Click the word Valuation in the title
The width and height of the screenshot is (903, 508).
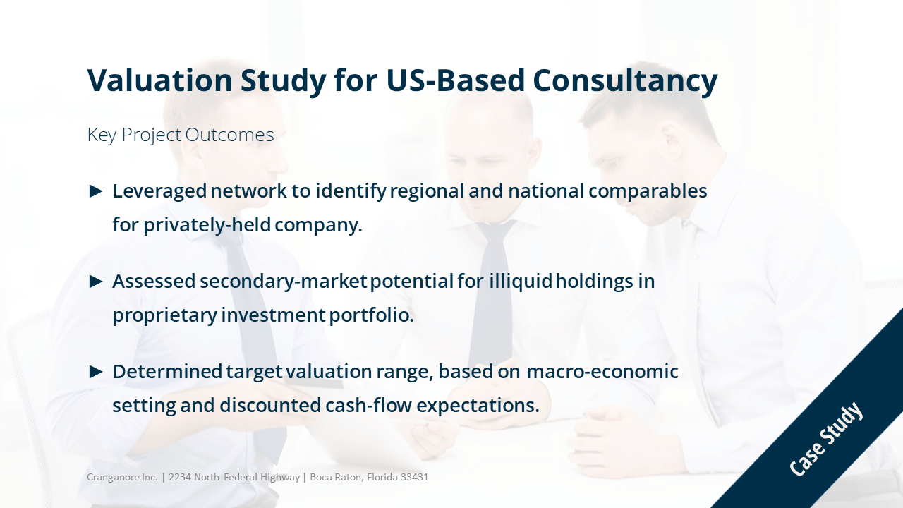tap(159, 80)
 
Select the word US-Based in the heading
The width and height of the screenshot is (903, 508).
tap(456, 80)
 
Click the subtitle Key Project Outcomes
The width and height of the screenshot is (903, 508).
tap(181, 135)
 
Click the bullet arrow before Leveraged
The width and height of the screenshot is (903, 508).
tap(95, 191)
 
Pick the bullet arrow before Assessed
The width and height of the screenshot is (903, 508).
tap(95, 282)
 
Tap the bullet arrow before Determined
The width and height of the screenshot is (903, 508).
tap(95, 372)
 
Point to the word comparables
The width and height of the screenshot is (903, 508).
tap(648, 192)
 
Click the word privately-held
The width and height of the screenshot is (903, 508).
tap(207, 225)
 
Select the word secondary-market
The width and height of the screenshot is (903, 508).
tap(284, 282)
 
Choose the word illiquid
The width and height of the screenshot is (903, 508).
tap(521, 282)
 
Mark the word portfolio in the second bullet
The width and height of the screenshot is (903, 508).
tap(371, 315)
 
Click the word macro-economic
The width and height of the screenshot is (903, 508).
tap(602, 372)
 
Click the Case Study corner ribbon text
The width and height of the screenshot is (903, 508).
tap(825, 438)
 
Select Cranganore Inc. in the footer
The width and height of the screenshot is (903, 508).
tap(122, 478)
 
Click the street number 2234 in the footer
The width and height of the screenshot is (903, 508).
tap(180, 478)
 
